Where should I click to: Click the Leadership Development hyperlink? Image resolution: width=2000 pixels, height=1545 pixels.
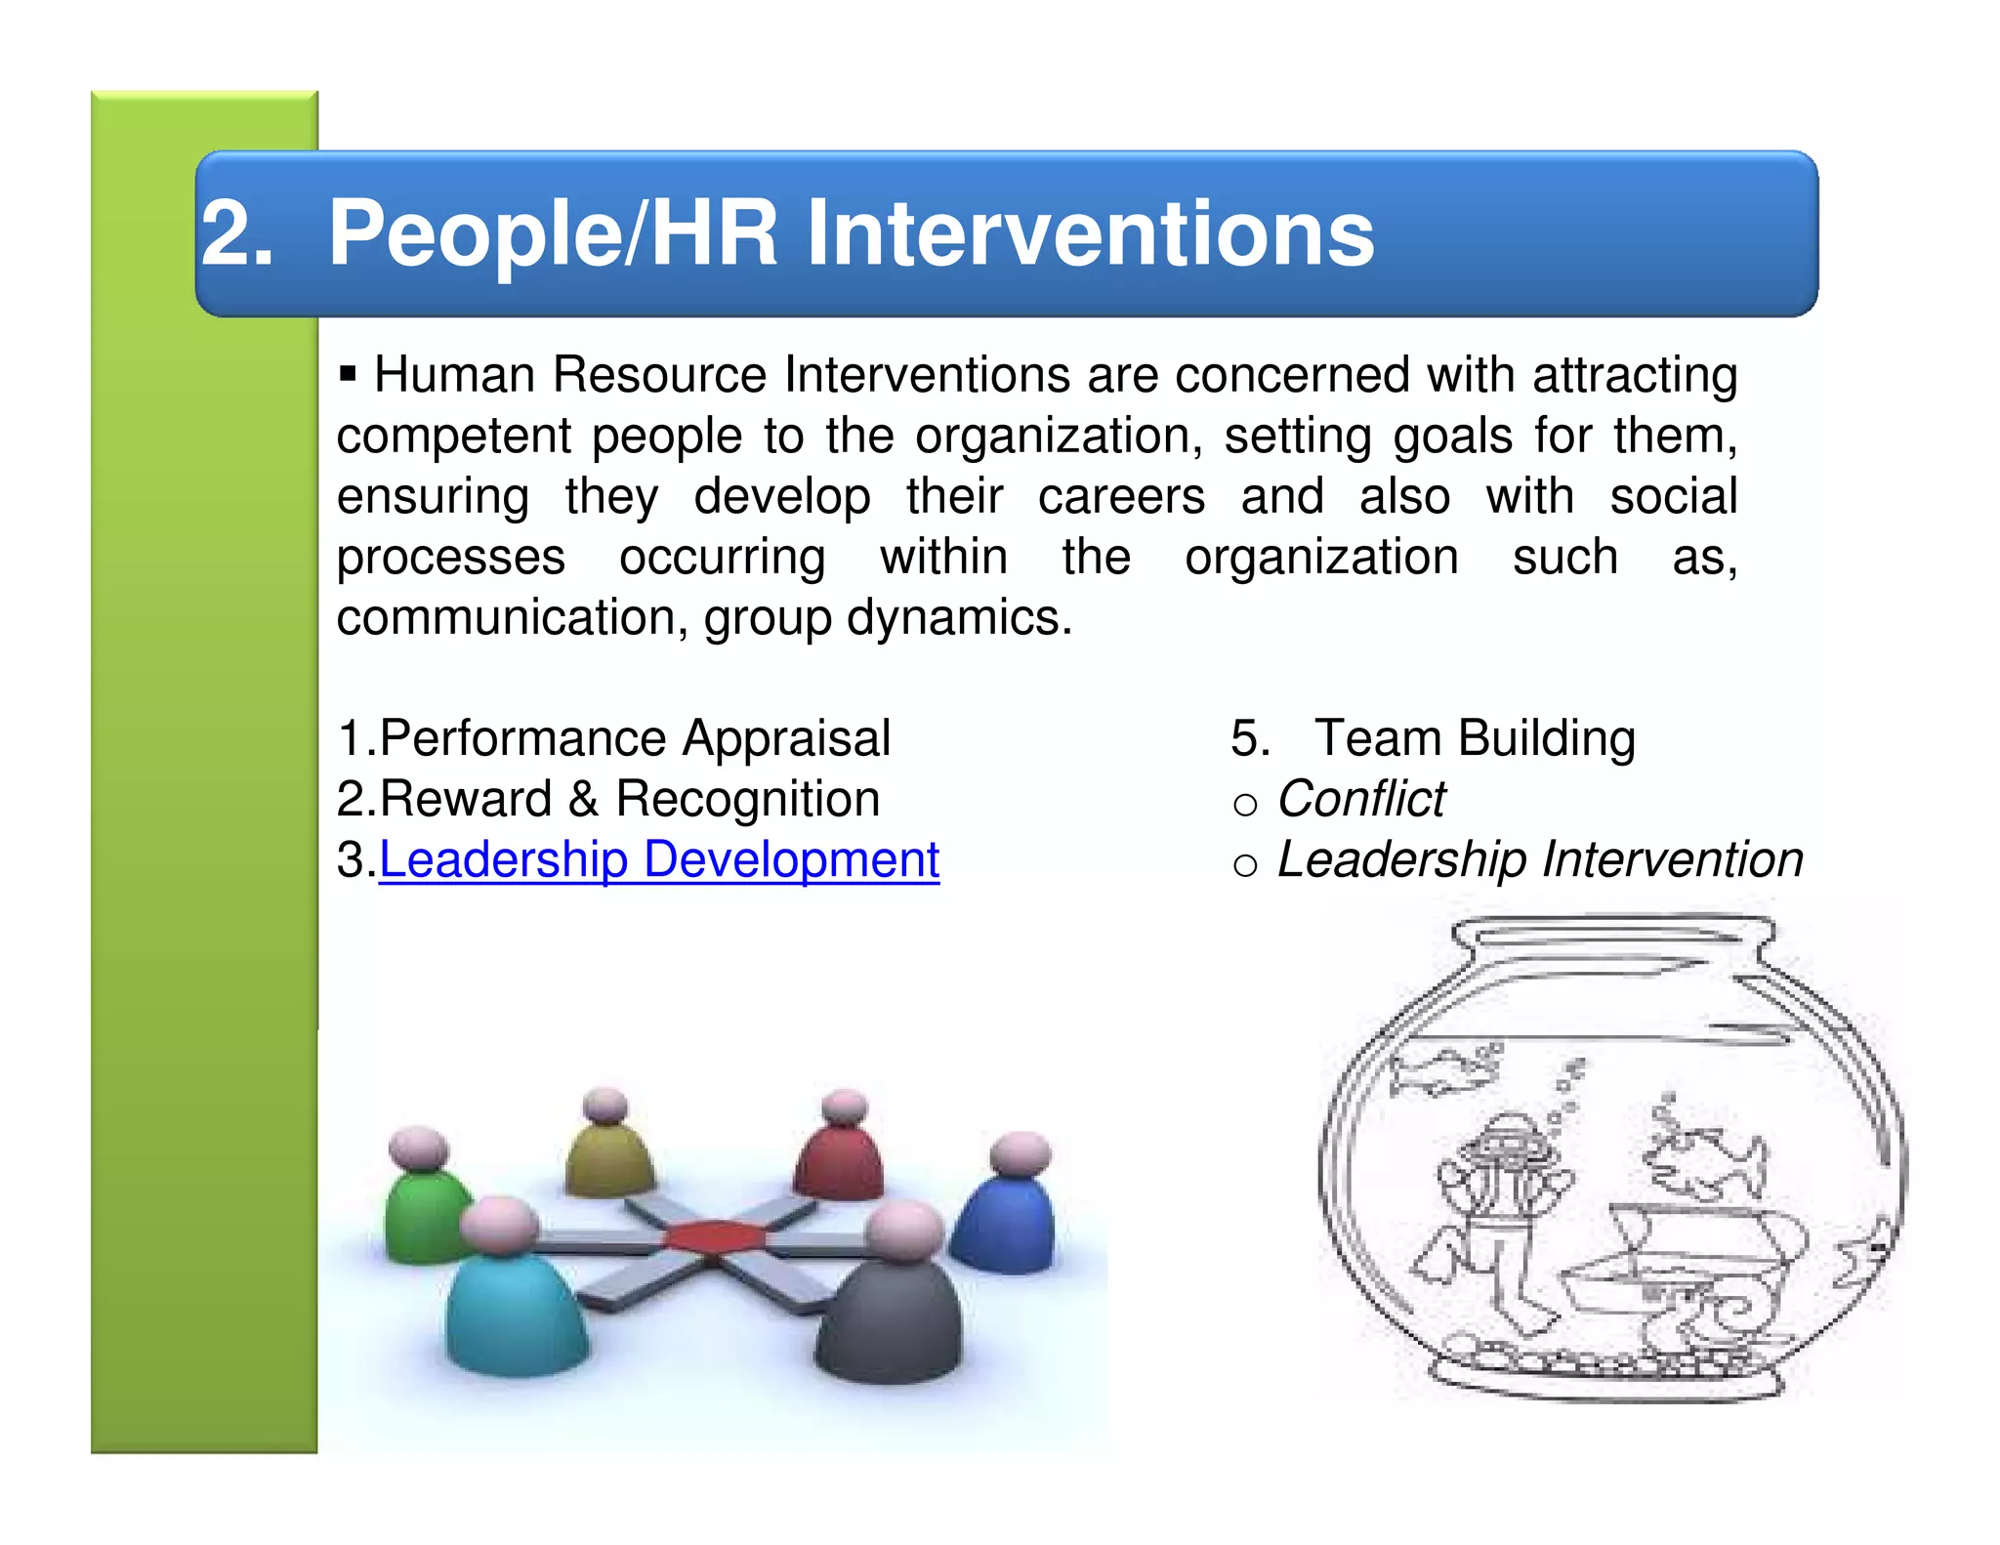[658, 860]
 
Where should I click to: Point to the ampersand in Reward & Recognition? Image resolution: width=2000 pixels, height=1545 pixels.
[583, 799]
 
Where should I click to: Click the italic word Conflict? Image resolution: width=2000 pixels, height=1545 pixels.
[1361, 799]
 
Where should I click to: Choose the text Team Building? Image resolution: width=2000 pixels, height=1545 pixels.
[1474, 738]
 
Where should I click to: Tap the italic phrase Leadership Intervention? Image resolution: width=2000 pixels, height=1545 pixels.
[1539, 860]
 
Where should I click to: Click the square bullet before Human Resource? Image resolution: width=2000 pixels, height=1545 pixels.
[348, 373]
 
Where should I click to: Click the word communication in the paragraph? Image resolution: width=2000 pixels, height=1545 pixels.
[511, 618]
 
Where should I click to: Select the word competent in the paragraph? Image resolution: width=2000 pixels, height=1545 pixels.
[453, 437]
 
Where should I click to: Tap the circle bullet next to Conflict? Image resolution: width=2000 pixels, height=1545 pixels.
[1244, 805]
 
